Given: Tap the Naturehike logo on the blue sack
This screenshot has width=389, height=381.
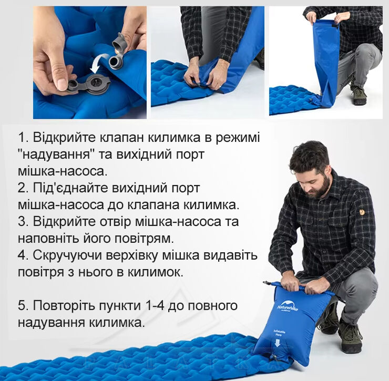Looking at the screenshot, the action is click(287, 306).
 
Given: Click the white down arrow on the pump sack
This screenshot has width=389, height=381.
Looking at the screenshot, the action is click(278, 343).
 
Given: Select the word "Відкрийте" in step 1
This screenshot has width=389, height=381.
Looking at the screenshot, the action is click(64, 137).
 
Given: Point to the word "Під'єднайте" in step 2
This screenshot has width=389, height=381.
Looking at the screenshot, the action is click(71, 188).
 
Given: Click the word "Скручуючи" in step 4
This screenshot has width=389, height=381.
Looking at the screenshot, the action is click(67, 255).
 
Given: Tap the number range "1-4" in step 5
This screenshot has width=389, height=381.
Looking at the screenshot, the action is click(154, 306).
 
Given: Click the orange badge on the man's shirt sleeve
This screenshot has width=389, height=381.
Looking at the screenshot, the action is click(362, 212).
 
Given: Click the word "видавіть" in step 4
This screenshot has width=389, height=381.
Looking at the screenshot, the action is click(230, 255).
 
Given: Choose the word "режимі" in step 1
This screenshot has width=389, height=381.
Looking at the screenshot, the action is click(238, 138).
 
